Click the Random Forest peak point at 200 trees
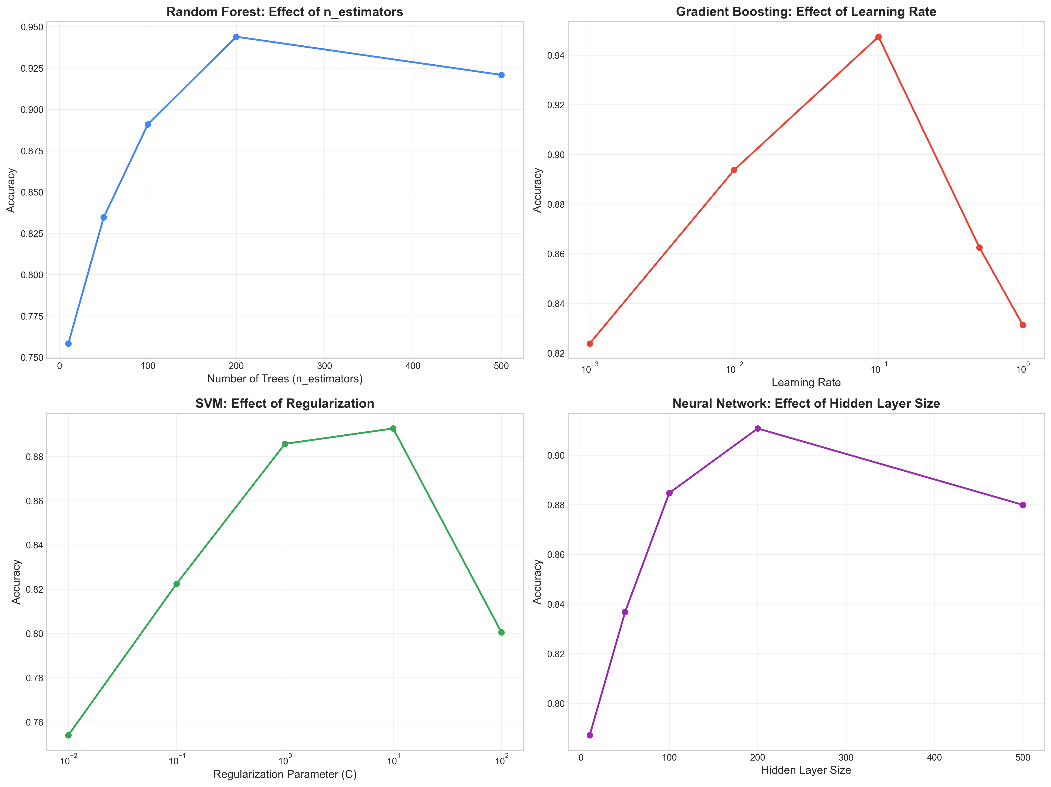point(236,37)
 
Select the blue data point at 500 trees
point(501,75)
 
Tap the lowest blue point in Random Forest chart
point(68,344)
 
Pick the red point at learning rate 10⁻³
point(590,344)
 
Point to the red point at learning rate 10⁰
point(1023,325)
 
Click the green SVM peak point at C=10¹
point(393,429)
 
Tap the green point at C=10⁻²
point(68,735)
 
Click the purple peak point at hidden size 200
point(758,429)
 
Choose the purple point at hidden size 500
point(1023,505)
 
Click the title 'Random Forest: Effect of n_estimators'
point(285,12)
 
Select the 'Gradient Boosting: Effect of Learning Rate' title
point(806,12)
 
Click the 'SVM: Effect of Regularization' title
point(285,404)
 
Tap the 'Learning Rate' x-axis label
point(806,383)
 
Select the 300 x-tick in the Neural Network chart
point(846,757)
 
